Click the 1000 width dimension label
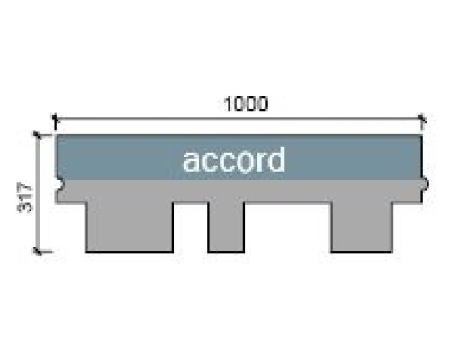246,103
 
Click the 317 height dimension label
25,198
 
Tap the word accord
234,159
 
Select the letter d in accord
276,159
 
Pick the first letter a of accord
191,163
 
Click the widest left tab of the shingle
130,227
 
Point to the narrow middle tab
226,227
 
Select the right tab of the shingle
362,227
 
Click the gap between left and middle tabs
191,228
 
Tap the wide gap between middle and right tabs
288,228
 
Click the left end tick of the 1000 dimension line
55,120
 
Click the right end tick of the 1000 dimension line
422,120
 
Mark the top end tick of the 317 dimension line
38,135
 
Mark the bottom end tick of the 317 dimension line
38,251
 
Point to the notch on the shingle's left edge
59,184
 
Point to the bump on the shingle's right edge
426,184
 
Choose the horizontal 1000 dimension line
238,120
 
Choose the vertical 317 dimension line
38,193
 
